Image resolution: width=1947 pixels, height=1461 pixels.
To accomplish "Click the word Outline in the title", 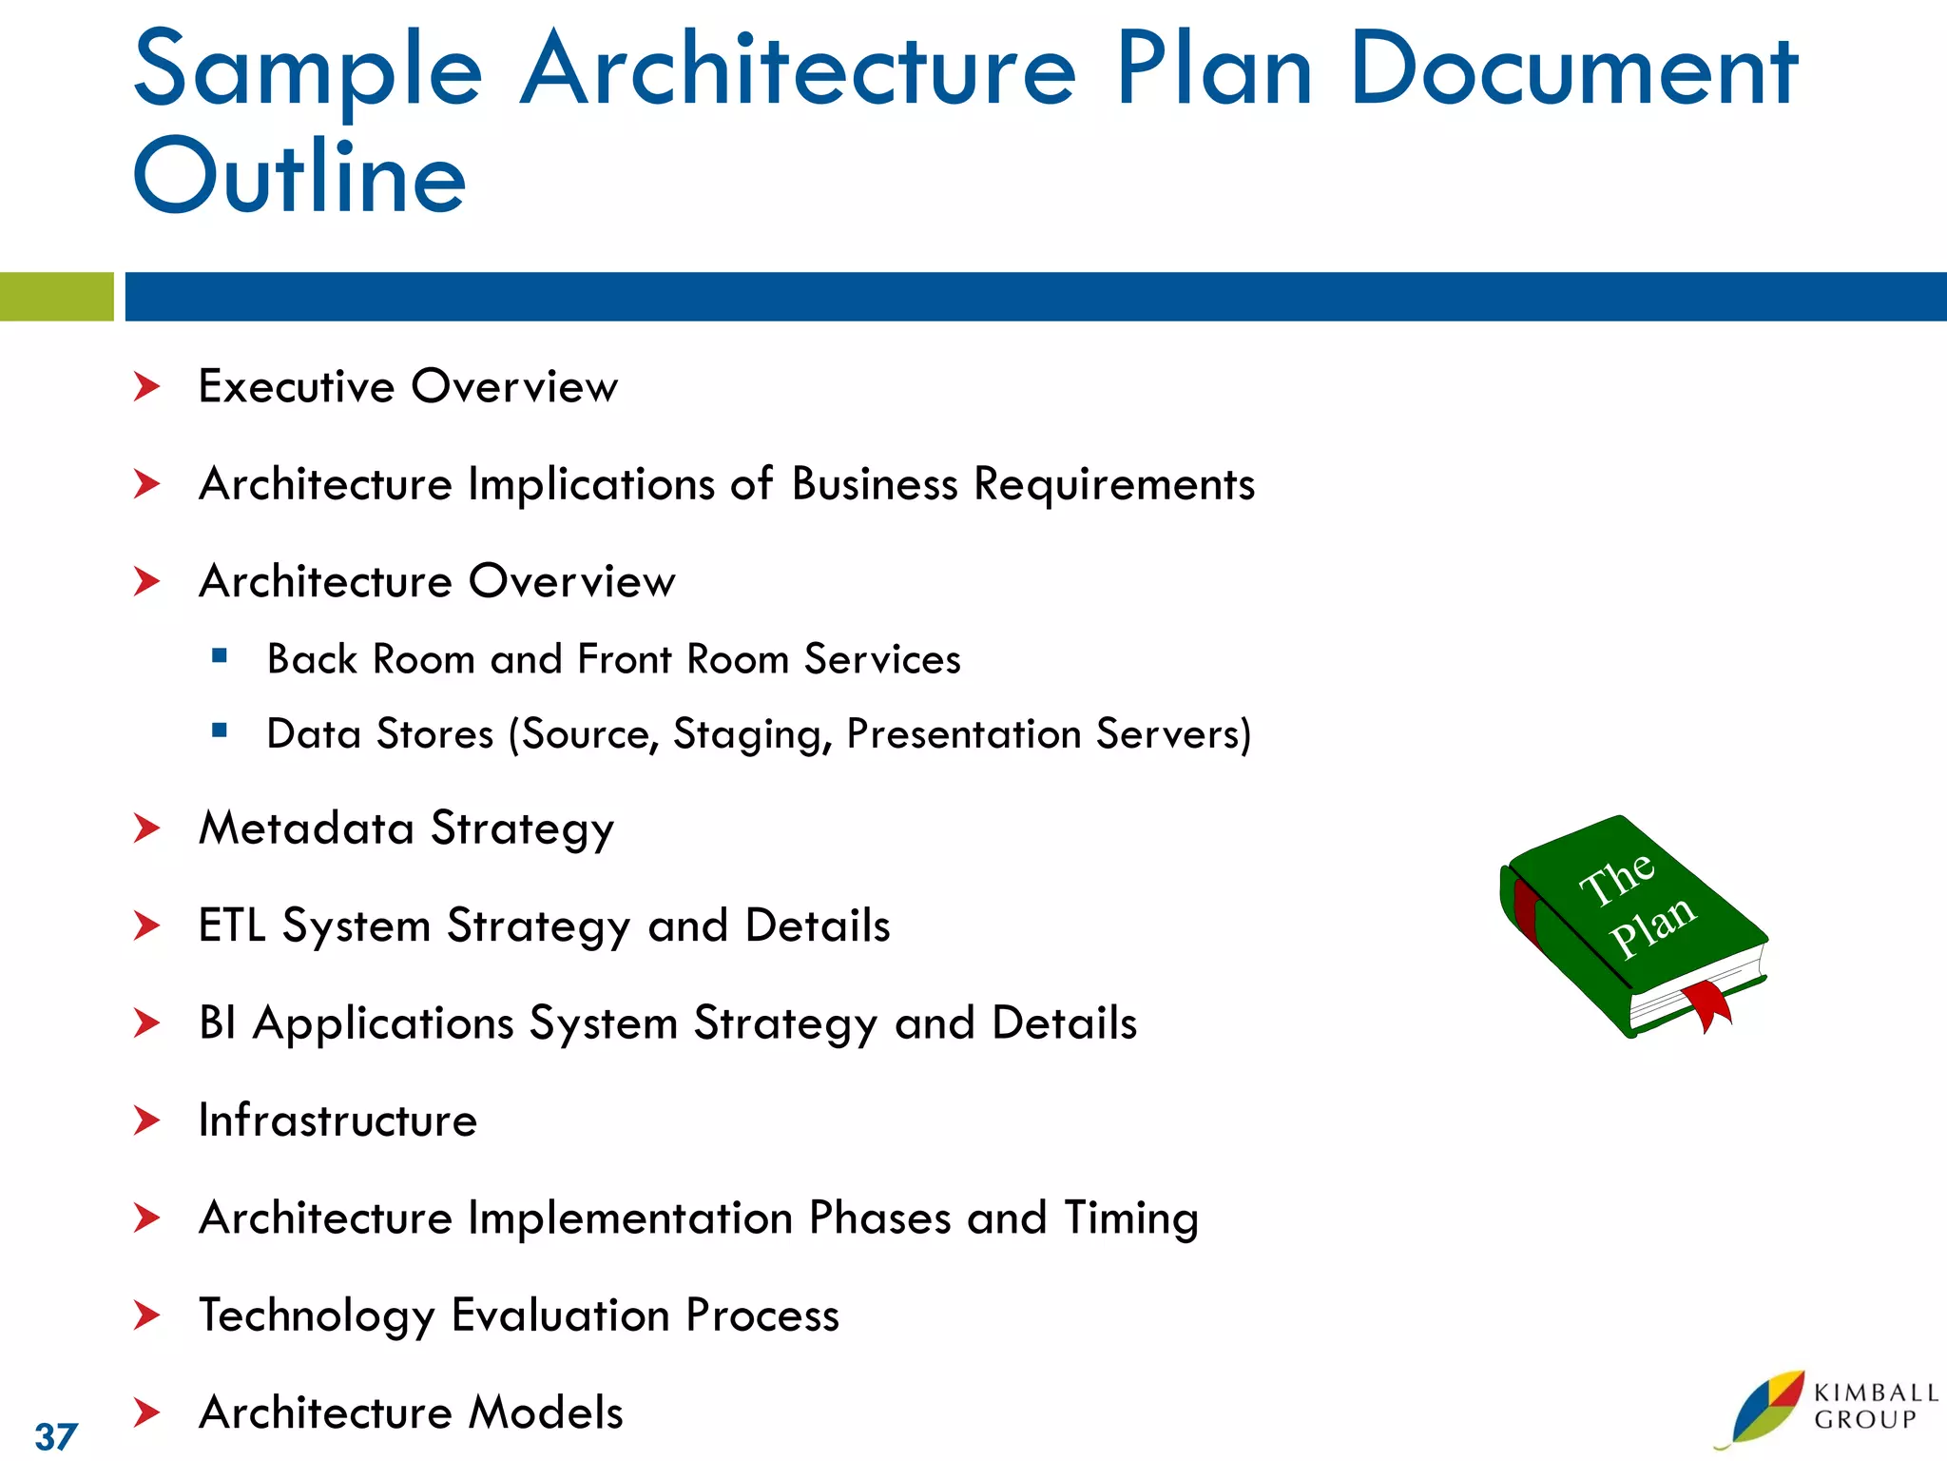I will pyautogui.click(x=299, y=177).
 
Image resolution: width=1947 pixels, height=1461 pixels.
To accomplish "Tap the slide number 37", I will pyautogui.click(x=56, y=1436).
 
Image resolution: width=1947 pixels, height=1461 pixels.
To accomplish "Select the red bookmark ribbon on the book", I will pyautogui.click(x=1708, y=1007).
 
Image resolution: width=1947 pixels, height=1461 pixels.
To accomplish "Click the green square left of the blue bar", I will pyautogui.click(x=56, y=297).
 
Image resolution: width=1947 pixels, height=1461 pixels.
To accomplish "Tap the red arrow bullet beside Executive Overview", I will pyautogui.click(x=146, y=387).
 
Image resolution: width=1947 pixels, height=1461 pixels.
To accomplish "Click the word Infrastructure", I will pyautogui.click(x=337, y=1120).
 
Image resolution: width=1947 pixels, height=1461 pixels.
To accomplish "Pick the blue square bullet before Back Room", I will pyautogui.click(x=220, y=655).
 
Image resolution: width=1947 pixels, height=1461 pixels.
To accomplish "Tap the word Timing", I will pyautogui.click(x=1131, y=1218).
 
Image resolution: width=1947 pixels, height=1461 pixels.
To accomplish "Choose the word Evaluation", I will pyautogui.click(x=560, y=1315).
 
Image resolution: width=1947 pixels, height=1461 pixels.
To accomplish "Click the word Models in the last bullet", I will pyautogui.click(x=547, y=1412).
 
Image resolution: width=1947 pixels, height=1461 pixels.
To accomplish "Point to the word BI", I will pyautogui.click(x=217, y=1023).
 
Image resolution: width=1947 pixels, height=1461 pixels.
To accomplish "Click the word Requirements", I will pyautogui.click(x=1114, y=484).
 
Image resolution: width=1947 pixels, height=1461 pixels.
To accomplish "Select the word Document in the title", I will pyautogui.click(x=1573, y=70).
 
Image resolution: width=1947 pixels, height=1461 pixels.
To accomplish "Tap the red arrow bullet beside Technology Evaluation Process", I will pyautogui.click(x=146, y=1315).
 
